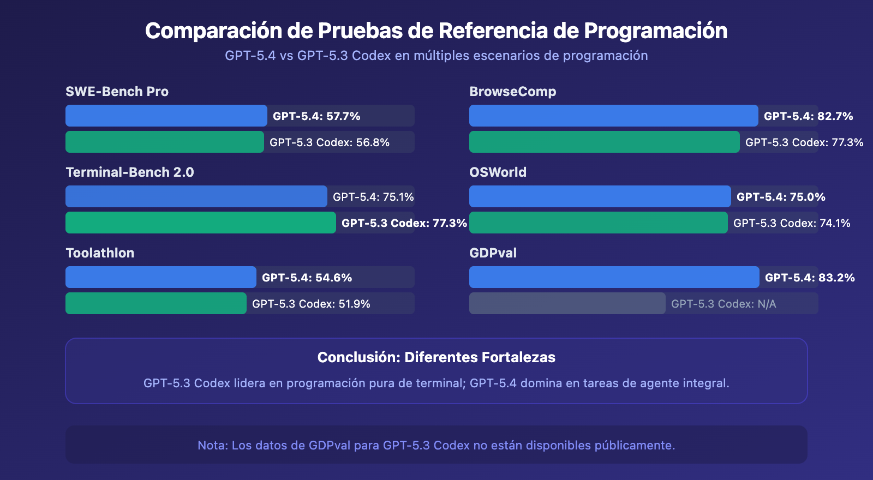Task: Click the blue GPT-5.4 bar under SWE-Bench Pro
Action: pyautogui.click(x=166, y=116)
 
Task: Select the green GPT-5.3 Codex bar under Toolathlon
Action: pyautogui.click(x=156, y=303)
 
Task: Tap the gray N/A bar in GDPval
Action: pyautogui.click(x=567, y=303)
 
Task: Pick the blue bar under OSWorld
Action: pyautogui.click(x=600, y=196)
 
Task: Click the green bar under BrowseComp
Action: pyautogui.click(x=605, y=142)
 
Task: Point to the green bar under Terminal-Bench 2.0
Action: pyautogui.click(x=201, y=223)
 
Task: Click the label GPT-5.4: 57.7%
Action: pyautogui.click(x=316, y=116)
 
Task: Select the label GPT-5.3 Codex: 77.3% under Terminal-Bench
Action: pyautogui.click(x=404, y=223)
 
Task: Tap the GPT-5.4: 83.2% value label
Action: pyautogui.click(x=810, y=278)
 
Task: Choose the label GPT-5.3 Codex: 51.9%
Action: pyautogui.click(x=311, y=304)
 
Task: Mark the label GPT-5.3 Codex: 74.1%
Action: pyautogui.click(x=792, y=223)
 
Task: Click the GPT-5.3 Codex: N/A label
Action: pyautogui.click(x=723, y=304)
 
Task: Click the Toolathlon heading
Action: pyautogui.click(x=100, y=253)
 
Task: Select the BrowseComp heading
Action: pyautogui.click(x=513, y=92)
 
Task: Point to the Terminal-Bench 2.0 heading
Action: pyautogui.click(x=130, y=172)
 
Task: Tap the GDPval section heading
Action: pyautogui.click(x=493, y=253)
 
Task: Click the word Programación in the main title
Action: pyautogui.click(x=655, y=31)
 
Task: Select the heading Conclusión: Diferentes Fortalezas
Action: pyautogui.click(x=436, y=357)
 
